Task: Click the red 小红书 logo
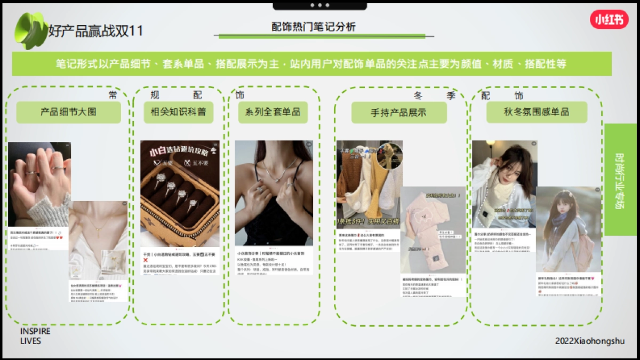609,20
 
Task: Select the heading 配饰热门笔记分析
313,27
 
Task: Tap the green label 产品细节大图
68,112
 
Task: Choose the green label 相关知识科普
178,112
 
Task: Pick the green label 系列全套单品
273,112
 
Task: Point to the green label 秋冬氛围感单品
536,112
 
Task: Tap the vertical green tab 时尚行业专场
620,180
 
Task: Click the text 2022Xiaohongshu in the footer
589,341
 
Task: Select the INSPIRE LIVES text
35,336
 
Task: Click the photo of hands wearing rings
39,184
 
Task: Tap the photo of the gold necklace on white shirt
98,240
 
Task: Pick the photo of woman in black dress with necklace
274,193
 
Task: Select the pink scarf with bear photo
433,229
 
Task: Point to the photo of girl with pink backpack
568,229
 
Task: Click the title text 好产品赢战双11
95,30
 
